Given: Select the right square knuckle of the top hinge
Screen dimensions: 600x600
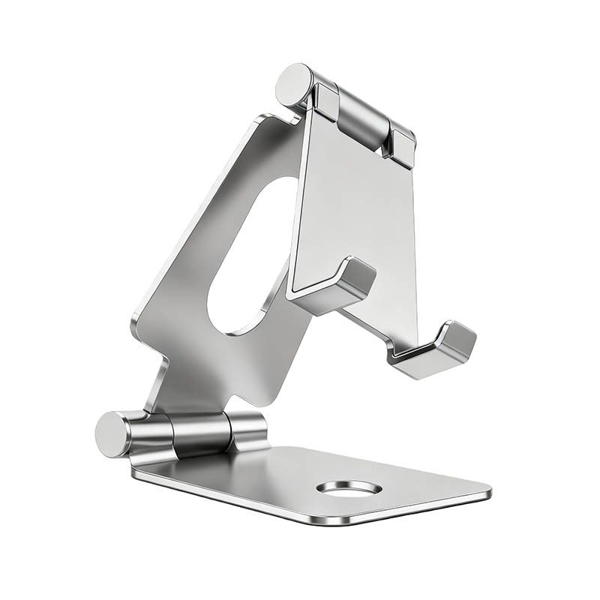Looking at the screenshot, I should pyautogui.click(x=402, y=145).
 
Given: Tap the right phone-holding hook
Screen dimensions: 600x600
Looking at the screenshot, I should pyautogui.click(x=435, y=349).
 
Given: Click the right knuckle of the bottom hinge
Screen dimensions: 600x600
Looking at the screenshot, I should pyautogui.click(x=247, y=431).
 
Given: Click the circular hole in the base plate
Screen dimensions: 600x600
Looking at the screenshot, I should pyautogui.click(x=349, y=488).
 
